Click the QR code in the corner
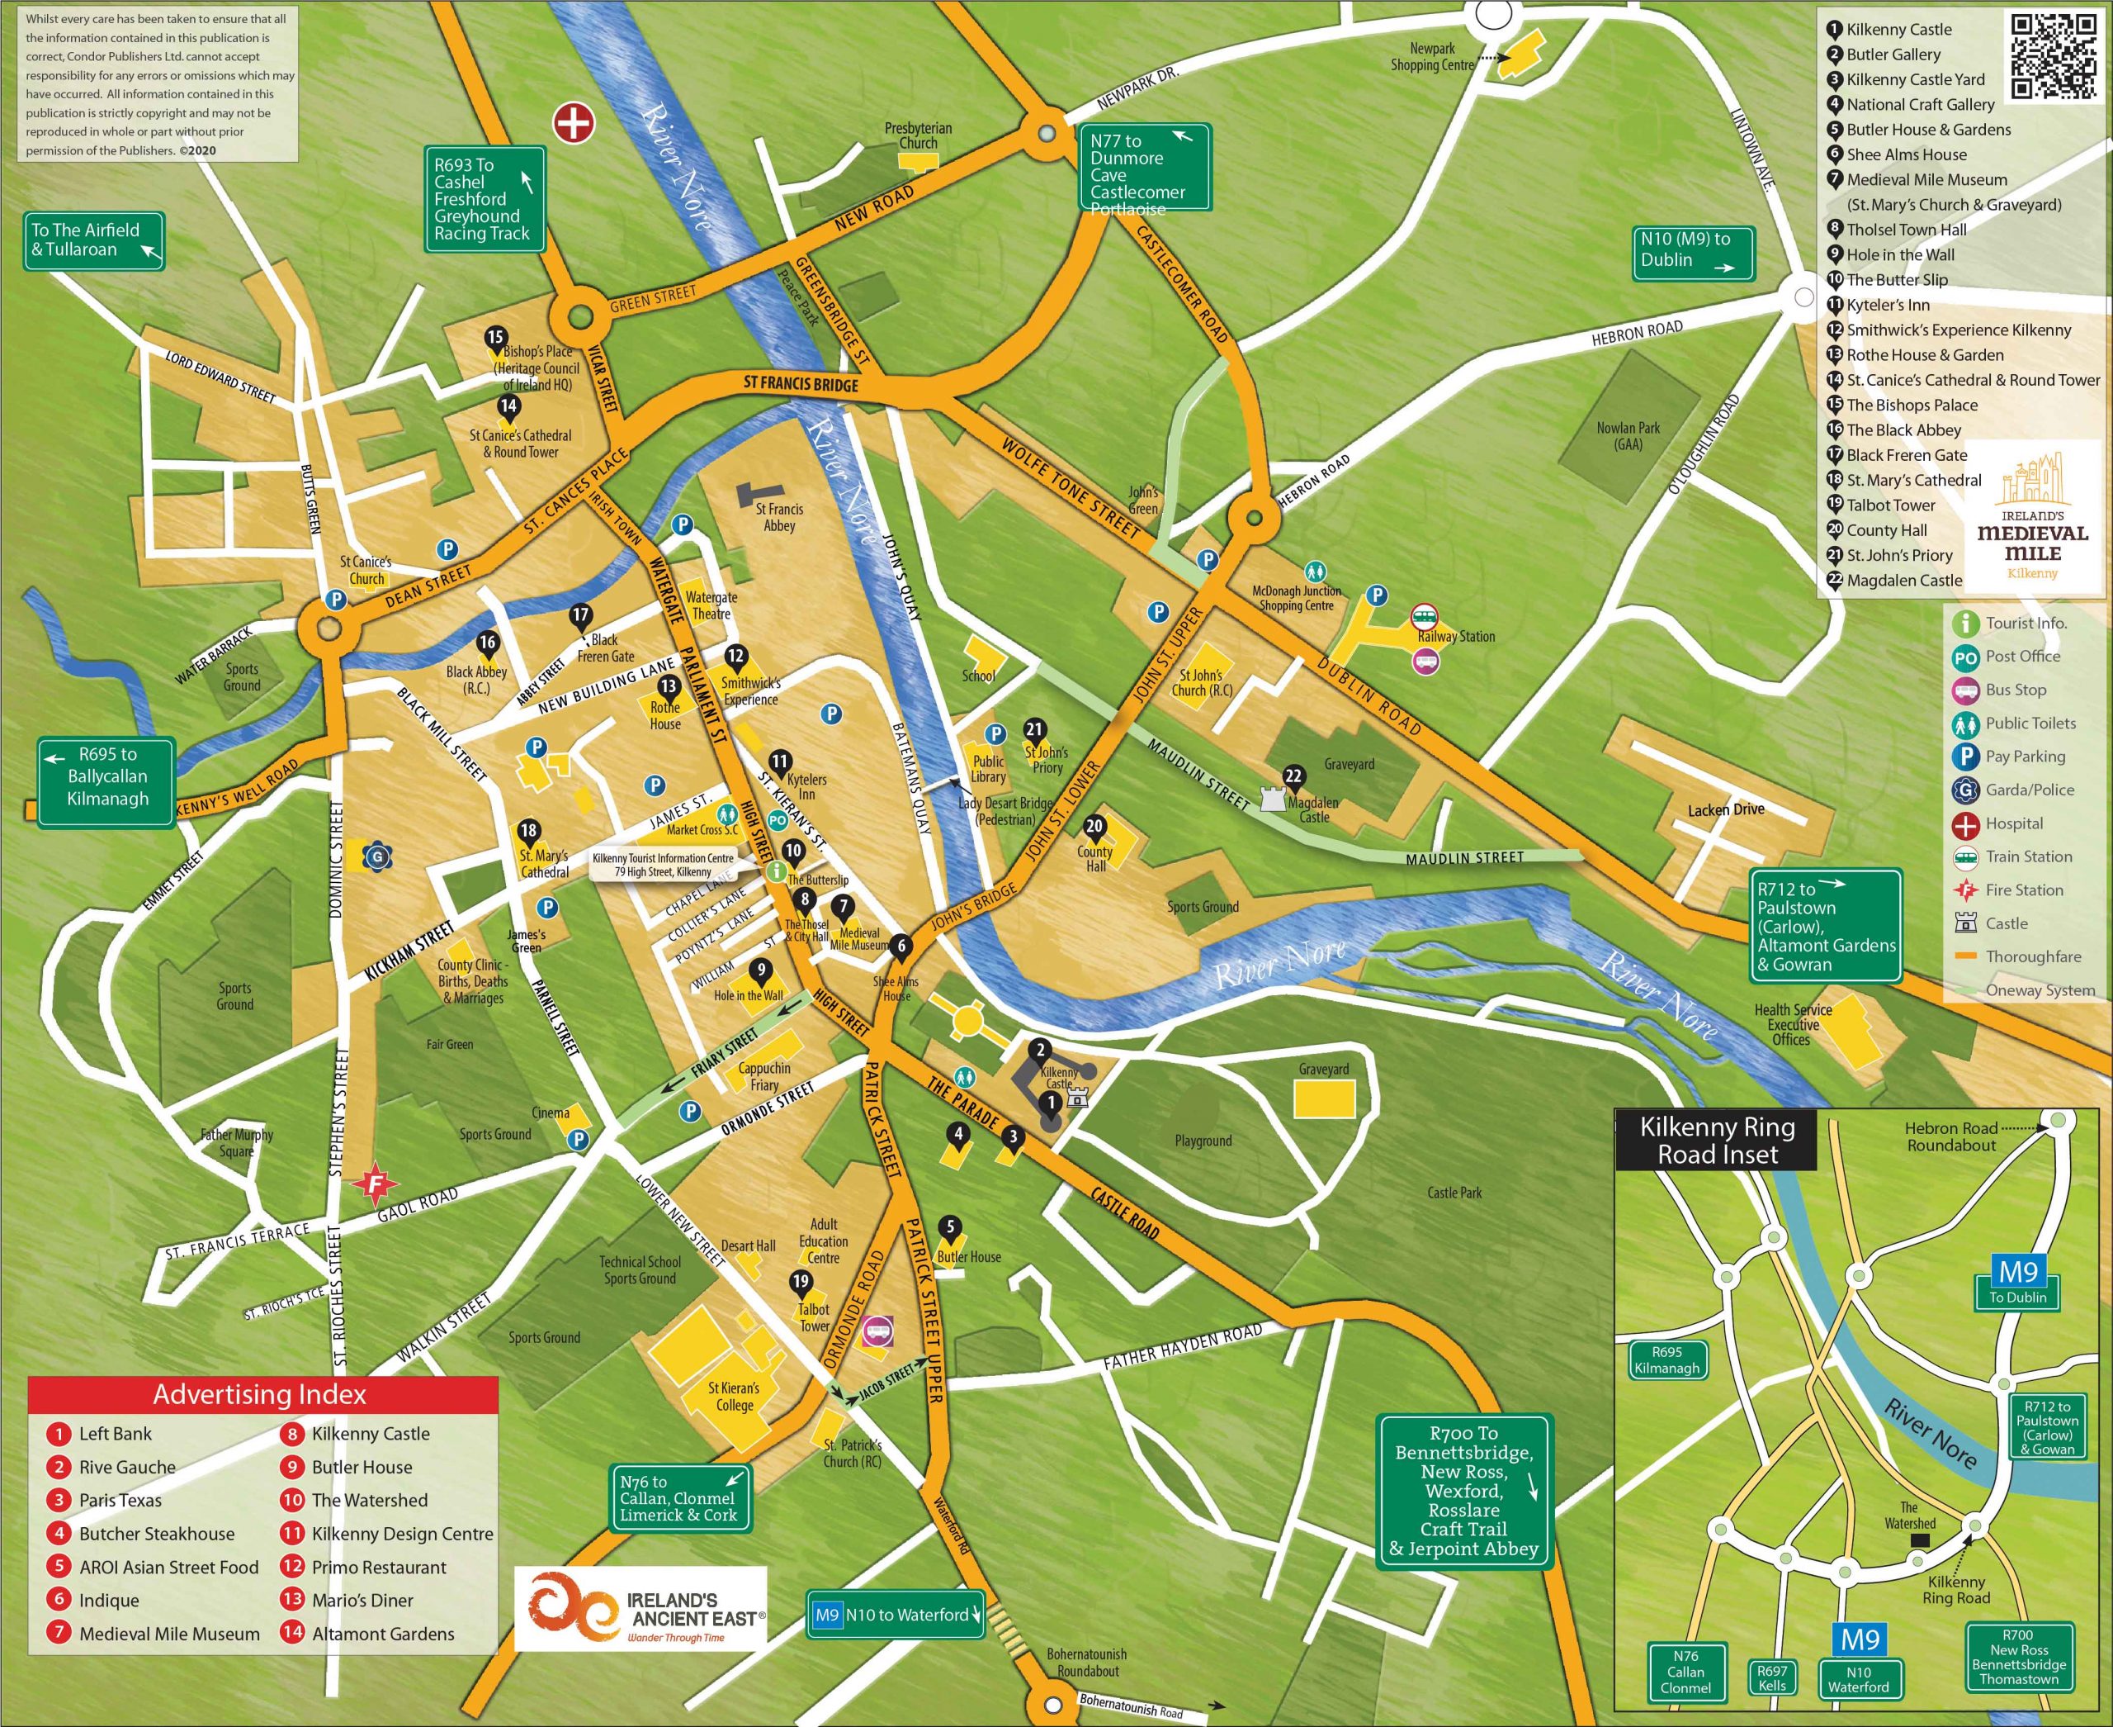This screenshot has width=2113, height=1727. [2054, 57]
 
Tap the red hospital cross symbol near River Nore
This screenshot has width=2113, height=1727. [574, 123]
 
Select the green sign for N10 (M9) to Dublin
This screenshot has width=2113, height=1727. [1695, 252]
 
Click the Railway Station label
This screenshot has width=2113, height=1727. [1456, 637]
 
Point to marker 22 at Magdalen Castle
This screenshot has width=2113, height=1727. [1293, 777]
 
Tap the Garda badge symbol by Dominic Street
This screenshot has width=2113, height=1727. [377, 856]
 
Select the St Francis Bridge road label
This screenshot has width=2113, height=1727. [801, 384]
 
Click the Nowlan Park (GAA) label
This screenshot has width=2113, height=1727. [1628, 436]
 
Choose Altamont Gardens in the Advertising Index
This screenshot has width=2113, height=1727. [383, 1634]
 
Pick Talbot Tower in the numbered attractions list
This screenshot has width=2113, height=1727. [1890, 505]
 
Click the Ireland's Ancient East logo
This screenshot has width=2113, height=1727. [641, 1610]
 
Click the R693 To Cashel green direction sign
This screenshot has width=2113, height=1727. [485, 199]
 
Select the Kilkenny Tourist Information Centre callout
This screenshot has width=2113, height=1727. [664, 865]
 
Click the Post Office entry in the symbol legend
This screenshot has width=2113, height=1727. [2021, 657]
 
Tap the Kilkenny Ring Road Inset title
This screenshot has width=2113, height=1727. [1718, 1140]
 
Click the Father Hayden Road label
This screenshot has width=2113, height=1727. [1182, 1347]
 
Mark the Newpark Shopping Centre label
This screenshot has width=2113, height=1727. [1432, 57]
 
